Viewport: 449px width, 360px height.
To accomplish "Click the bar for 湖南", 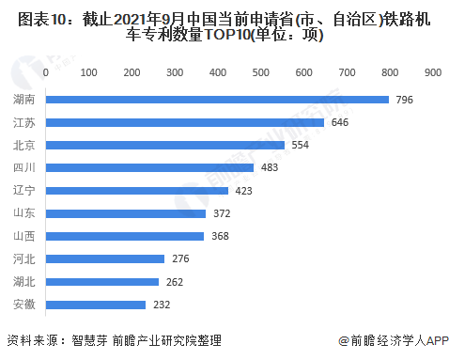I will [x=217, y=99].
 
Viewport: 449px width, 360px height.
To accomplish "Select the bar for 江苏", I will [x=185, y=121].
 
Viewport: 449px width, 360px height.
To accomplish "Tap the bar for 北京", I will [x=165, y=145].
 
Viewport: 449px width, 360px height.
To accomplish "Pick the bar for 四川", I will [x=150, y=167].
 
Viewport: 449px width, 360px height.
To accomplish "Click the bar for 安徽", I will [x=96, y=305].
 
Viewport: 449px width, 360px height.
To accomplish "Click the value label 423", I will [x=244, y=191].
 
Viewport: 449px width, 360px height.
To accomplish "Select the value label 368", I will [x=220, y=236].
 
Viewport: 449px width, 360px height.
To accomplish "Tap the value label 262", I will [x=175, y=282].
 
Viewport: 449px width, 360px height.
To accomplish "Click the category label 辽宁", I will [x=25, y=191].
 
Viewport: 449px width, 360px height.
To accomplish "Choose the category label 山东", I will [x=25, y=213].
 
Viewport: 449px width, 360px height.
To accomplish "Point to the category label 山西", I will [x=25, y=236].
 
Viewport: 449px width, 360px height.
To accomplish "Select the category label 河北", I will [x=25, y=259].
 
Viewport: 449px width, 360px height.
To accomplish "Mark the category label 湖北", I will [x=25, y=282].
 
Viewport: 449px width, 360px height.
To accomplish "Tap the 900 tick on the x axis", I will [x=432, y=72].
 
